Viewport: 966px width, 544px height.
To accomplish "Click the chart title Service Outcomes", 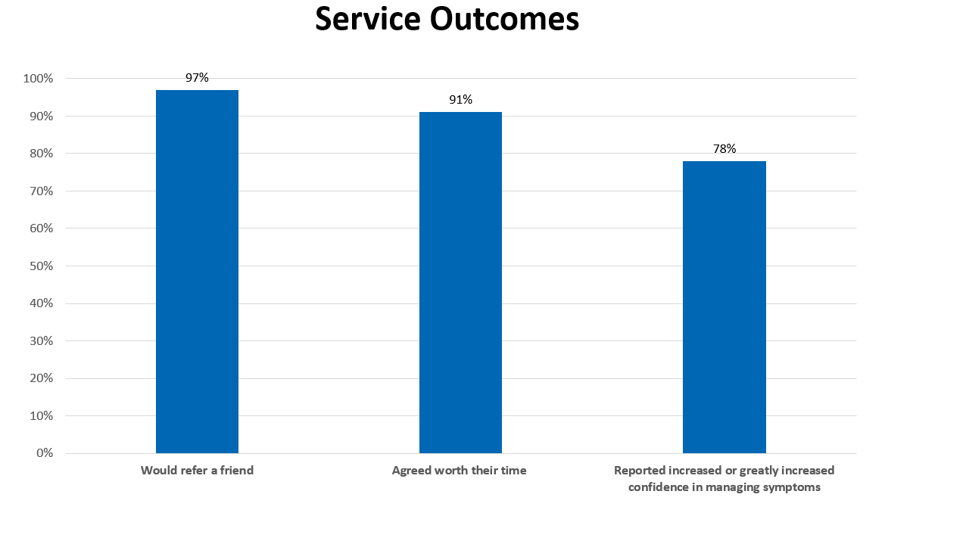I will [447, 20].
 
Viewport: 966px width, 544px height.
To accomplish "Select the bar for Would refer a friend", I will [197, 272].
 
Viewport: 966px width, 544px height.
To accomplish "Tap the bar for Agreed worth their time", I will [460, 283].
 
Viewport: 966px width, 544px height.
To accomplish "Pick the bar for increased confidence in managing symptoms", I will [724, 307].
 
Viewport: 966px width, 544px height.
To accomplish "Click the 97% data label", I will [197, 77].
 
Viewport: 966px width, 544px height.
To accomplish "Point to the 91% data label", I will [460, 100].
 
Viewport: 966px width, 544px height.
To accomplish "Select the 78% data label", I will [724, 149].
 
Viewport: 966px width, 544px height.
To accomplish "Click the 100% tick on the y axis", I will [39, 79].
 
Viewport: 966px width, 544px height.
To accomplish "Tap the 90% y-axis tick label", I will [41, 117].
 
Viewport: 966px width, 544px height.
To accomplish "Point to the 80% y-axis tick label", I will [41, 154].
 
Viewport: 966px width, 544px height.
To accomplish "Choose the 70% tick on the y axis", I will [41, 191].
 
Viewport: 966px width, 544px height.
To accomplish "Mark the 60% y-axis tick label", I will [41, 228].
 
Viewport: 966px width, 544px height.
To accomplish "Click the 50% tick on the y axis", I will [41, 266].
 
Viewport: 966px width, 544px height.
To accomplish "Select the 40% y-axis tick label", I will [41, 303].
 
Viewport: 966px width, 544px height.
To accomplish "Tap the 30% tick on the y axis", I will [41, 341].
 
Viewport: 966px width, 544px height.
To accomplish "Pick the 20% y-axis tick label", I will [41, 378].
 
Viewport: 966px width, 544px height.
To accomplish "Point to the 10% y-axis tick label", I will [41, 416].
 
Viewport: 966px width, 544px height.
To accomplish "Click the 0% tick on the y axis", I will [44, 453].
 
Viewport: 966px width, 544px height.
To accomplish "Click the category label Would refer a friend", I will [197, 471].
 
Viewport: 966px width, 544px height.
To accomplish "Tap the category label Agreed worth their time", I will [459, 471].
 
